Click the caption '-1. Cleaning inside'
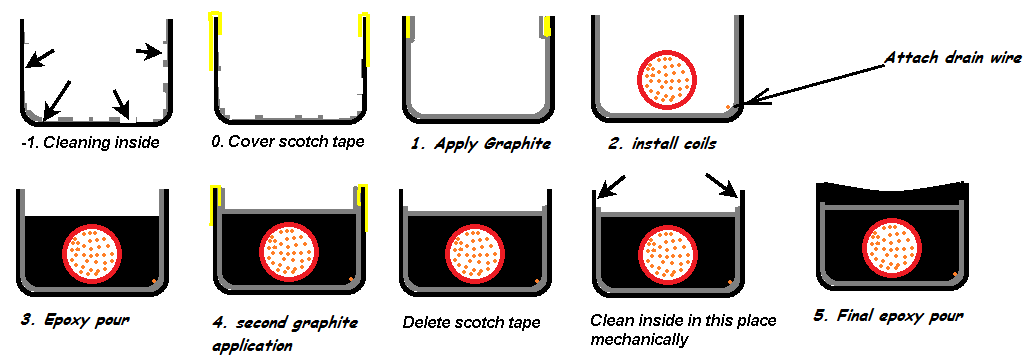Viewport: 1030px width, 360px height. pos(90,142)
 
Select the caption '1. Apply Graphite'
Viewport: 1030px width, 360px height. pos(480,144)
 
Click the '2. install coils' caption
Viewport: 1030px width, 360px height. pos(661,143)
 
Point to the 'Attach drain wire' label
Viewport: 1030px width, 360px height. pos(953,58)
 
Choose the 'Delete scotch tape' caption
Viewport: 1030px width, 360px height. pos(471,323)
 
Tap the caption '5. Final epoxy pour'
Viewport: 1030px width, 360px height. pos(888,316)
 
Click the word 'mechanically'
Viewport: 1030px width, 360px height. pos(639,340)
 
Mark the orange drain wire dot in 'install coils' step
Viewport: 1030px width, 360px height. pos(728,106)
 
